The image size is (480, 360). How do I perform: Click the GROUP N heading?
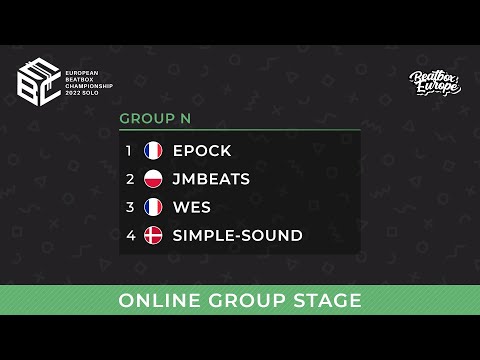155,118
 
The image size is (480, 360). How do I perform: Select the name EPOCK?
202,151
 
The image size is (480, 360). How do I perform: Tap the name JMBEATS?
211,179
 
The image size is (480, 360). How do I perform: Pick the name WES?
192,207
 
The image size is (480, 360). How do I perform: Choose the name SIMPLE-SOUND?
237,235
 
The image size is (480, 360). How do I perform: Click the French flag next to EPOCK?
153,151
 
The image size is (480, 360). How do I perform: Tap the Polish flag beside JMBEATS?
153,179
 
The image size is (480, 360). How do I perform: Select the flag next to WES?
153,207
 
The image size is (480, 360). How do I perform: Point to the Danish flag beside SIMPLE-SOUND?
153,235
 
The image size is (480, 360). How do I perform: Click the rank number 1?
129,151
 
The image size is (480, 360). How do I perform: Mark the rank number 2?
129,179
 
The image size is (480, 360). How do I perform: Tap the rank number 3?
129,207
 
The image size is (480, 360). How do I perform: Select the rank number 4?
129,235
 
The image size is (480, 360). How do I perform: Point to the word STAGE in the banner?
325,301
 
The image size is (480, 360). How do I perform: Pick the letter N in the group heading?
185,118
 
